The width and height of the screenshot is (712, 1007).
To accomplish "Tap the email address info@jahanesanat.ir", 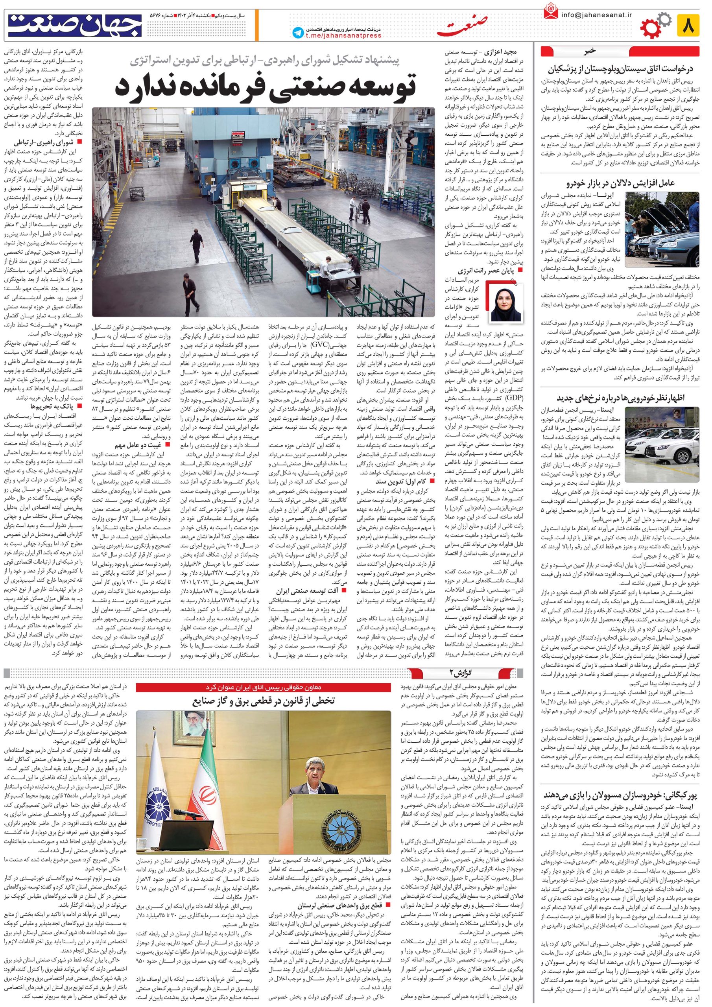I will click(x=596, y=15).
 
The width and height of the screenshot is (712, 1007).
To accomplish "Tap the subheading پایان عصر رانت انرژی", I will click(x=487, y=271).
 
